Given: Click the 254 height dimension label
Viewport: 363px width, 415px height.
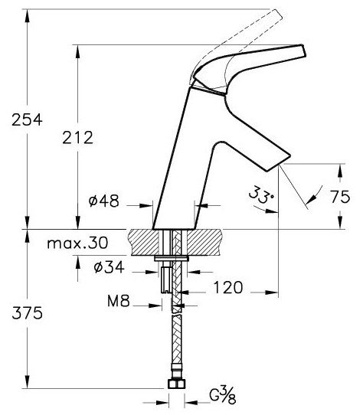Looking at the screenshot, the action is [x=27, y=119].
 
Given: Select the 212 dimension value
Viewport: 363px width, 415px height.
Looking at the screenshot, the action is [x=77, y=138].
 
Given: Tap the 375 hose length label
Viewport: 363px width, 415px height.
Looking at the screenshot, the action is [x=27, y=313].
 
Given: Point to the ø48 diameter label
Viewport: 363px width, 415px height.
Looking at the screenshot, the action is [x=104, y=201].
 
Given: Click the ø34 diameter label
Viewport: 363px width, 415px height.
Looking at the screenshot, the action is [x=109, y=267].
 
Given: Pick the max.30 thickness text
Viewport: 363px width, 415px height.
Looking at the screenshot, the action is [x=77, y=243].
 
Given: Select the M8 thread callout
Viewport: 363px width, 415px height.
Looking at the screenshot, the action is [x=119, y=301].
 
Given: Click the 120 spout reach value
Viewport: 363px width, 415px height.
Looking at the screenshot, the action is [x=228, y=287].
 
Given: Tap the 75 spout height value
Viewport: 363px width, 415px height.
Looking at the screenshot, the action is [x=340, y=197].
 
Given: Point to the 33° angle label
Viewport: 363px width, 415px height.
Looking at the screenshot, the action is [x=261, y=194].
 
